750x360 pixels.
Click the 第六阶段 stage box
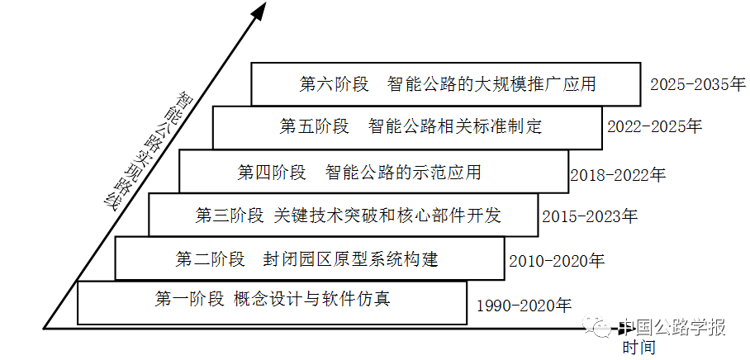(x=446, y=84)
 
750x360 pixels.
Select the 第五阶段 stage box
(x=406, y=127)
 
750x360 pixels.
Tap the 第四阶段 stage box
(x=373, y=173)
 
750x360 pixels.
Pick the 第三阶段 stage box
(x=342, y=216)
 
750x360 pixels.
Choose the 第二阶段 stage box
(x=311, y=259)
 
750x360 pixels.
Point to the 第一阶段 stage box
(x=272, y=301)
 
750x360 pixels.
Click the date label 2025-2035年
(x=697, y=84)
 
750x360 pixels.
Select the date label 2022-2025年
(x=654, y=127)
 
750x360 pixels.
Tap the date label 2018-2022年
(x=617, y=174)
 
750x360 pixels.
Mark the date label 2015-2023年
(x=590, y=217)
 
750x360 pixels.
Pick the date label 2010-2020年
(x=557, y=261)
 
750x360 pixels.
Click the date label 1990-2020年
(x=524, y=306)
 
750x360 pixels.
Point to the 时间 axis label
(x=639, y=348)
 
